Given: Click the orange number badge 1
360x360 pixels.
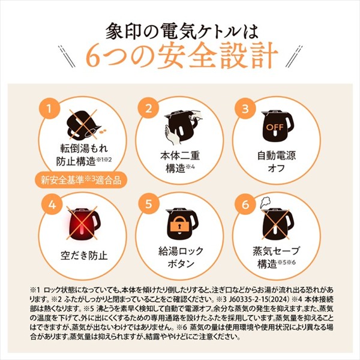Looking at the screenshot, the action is click(49, 109).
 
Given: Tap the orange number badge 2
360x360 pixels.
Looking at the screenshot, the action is click(148, 109).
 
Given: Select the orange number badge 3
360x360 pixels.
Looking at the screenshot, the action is click(245, 109).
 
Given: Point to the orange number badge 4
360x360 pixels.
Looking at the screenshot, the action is click(52, 204).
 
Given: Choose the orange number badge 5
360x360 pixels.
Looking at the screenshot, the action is click(149, 203).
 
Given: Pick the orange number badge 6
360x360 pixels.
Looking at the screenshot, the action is click(245, 204).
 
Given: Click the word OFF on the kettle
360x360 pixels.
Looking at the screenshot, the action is click(275, 127).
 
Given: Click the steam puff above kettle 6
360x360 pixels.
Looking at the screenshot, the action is click(265, 203).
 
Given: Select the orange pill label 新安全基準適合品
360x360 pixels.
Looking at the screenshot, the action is click(81, 180).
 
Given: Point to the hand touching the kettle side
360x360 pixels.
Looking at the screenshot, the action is click(171, 136).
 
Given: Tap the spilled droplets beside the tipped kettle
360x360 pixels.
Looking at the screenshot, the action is click(103, 131).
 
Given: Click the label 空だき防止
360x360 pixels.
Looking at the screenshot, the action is click(84, 256).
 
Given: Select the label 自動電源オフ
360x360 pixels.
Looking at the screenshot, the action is click(277, 161).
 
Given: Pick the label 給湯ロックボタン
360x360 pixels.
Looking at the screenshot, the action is click(181, 257).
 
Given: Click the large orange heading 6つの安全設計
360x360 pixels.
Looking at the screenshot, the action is click(182, 56).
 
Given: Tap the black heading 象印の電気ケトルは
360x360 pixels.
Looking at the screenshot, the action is click(182, 31).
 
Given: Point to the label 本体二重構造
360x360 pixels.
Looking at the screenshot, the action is click(180, 161).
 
